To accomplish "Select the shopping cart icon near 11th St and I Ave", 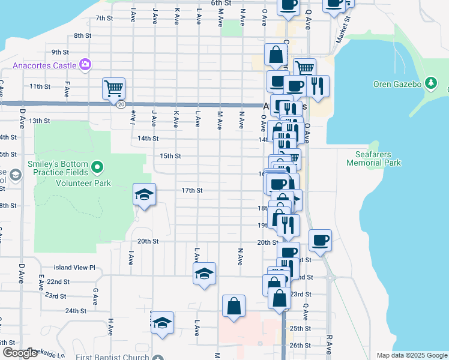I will pyautogui.click(x=113, y=89).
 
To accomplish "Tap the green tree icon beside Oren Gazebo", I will pyautogui.click(x=430, y=82).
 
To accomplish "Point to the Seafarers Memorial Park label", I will pyautogui.click(x=373, y=158).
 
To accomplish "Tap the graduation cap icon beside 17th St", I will pyautogui.click(x=144, y=194).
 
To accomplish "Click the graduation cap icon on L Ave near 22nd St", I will pyautogui.click(x=204, y=274).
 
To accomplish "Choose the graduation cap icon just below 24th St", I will pyautogui.click(x=162, y=323).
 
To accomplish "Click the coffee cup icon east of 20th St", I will pyautogui.click(x=320, y=240).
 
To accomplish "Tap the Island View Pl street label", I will pyautogui.click(x=74, y=267).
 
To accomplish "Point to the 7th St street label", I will pyautogui.click(x=104, y=18).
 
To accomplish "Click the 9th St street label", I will pyautogui.click(x=60, y=52).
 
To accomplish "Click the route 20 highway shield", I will pyautogui.click(x=121, y=104).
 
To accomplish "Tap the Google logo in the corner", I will pyautogui.click(x=20, y=353).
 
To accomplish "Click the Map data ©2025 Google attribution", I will pyautogui.click(x=412, y=355).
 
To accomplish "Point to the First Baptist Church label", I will pyautogui.click(x=112, y=358).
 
